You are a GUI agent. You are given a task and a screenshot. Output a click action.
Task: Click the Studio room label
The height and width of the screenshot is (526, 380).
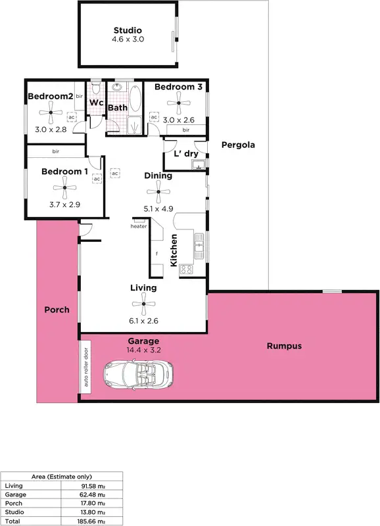coord(128,30)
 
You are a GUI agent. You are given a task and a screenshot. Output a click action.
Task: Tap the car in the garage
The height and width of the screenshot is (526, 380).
coord(138,375)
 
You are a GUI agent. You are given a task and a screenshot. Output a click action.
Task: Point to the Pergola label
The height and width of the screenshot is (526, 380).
coord(237,145)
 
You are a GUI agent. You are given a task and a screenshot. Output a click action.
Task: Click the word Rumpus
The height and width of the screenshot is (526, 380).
coord(284,346)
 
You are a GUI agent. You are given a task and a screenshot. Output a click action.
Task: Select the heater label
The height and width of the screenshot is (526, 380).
coord(138,227)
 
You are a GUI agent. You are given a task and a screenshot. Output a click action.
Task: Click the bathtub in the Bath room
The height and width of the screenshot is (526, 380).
coord(135,99)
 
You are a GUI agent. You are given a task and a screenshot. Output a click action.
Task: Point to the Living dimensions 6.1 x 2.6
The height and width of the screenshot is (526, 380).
coord(143,322)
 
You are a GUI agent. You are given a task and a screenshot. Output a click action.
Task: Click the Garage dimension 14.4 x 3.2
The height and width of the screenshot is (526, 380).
coord(143,350)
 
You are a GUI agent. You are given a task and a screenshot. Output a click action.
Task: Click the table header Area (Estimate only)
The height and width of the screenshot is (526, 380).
coord(62,477)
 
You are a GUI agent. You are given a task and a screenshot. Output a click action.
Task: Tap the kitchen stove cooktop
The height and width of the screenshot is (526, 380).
coord(185,268)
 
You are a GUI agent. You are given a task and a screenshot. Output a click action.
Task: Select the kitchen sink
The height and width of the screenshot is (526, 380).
coord(198,247)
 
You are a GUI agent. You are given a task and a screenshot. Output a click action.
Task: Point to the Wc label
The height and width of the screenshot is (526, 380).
coord(97,103)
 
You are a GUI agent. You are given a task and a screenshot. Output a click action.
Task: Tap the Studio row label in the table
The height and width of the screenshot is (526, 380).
coord(14,511)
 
